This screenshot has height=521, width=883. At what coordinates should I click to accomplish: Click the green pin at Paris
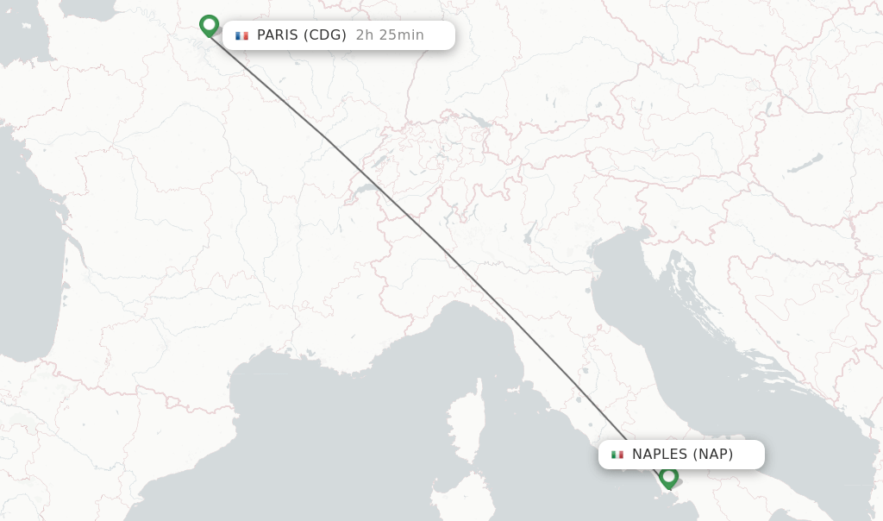[x=209, y=25]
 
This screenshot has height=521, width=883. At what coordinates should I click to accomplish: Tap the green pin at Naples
[x=668, y=476]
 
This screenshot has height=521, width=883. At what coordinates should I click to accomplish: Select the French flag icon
[x=241, y=35]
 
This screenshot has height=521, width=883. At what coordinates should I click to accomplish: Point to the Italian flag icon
[x=617, y=455]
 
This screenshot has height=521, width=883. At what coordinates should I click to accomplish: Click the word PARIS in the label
[x=278, y=35]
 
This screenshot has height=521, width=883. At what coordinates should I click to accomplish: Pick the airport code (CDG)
[x=326, y=35]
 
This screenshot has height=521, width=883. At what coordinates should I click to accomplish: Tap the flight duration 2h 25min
[x=390, y=35]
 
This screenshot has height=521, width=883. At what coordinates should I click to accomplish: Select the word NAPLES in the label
[x=660, y=455]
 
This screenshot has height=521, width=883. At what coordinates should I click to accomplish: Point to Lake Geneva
[x=366, y=187]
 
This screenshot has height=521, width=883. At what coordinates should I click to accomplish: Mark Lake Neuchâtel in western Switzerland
[x=377, y=159]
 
